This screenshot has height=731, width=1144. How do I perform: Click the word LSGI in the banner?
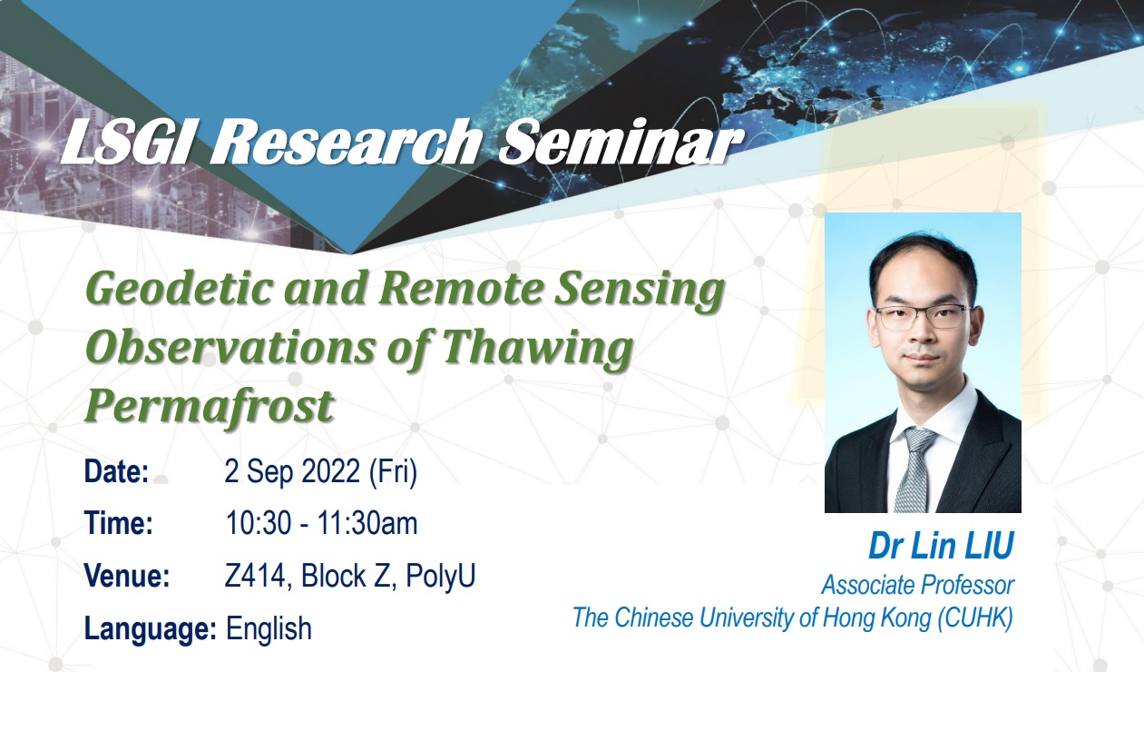pyautogui.click(x=127, y=142)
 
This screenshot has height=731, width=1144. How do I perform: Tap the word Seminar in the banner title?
pyautogui.click(x=620, y=142)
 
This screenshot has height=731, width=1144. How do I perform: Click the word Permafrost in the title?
pyautogui.click(x=210, y=405)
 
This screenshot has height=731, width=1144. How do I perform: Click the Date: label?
pyautogui.click(x=116, y=470)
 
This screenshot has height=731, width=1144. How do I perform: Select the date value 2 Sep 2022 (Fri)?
pyautogui.click(x=321, y=471)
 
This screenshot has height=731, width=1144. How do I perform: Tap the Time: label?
pyautogui.click(x=119, y=523)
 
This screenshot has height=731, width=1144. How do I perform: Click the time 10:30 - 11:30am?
pyautogui.click(x=321, y=523)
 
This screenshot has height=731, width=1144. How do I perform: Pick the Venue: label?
pyautogui.click(x=127, y=576)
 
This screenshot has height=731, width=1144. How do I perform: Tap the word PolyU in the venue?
pyautogui.click(x=440, y=576)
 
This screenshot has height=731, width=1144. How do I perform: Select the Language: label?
pyautogui.click(x=151, y=629)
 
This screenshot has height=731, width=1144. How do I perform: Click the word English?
pyautogui.click(x=269, y=629)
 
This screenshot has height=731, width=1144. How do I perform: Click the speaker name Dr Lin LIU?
pyautogui.click(x=942, y=546)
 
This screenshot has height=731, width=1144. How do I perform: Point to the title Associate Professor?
pyautogui.click(x=918, y=586)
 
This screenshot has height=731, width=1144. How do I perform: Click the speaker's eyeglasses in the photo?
pyautogui.click(x=923, y=317)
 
